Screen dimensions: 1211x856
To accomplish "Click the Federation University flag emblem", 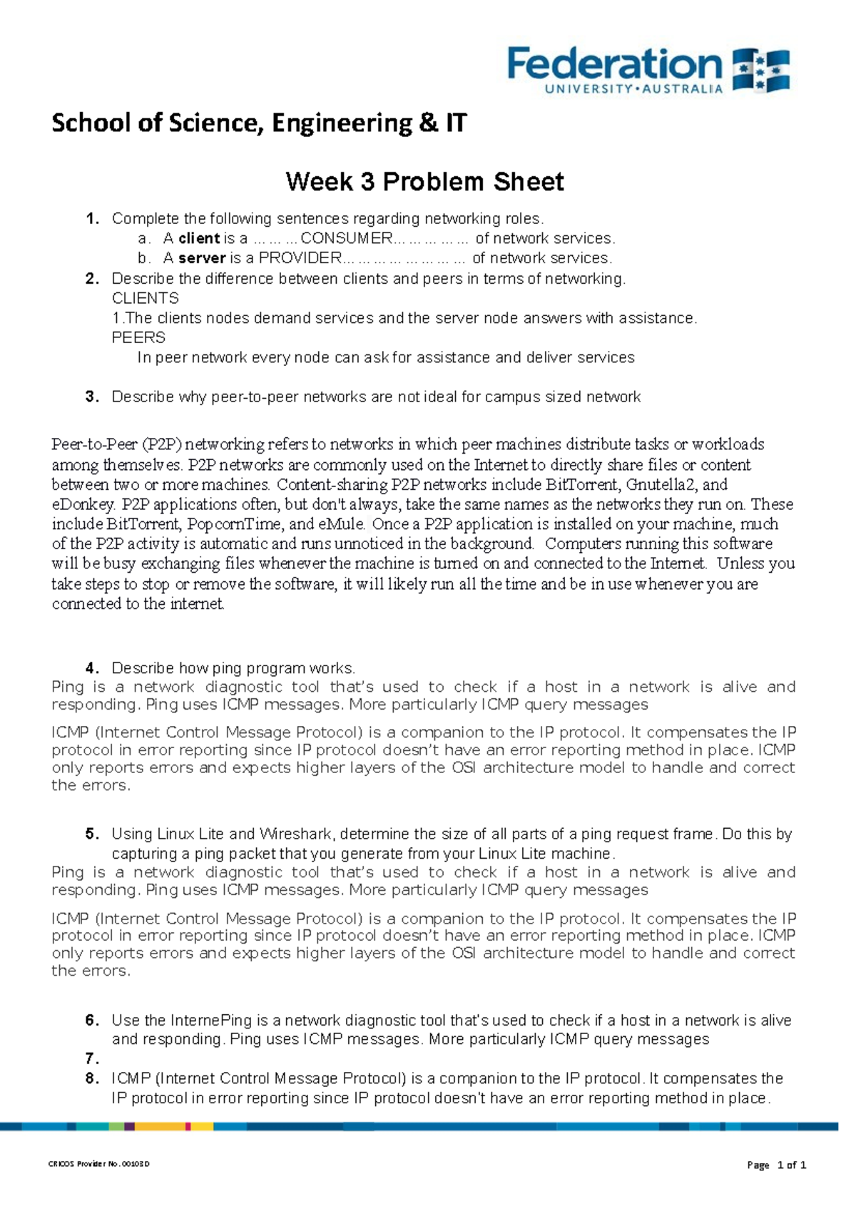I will point(761,70).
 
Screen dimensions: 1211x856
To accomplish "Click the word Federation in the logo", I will point(615,65).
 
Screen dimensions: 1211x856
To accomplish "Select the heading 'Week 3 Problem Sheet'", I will point(424,182).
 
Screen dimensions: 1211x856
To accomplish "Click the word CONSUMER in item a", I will point(347,238).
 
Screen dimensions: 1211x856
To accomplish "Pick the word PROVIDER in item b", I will point(300,258).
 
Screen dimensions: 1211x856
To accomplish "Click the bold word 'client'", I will point(199,238).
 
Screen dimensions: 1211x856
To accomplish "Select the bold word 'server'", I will point(202,258).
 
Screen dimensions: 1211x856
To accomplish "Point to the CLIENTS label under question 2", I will point(146,298).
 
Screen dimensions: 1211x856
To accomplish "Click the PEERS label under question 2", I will point(138,337).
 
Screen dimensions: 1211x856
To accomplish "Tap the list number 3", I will point(91,397).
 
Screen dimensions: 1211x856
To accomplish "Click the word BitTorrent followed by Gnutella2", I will point(582,485).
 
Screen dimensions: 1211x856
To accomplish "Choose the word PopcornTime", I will point(229,524).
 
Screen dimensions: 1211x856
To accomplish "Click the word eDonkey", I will point(82,505).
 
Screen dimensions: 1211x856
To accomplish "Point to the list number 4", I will point(91,668).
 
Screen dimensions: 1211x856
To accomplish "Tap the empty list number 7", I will point(91,1058).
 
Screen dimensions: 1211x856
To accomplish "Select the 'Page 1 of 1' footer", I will point(776,1165).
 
